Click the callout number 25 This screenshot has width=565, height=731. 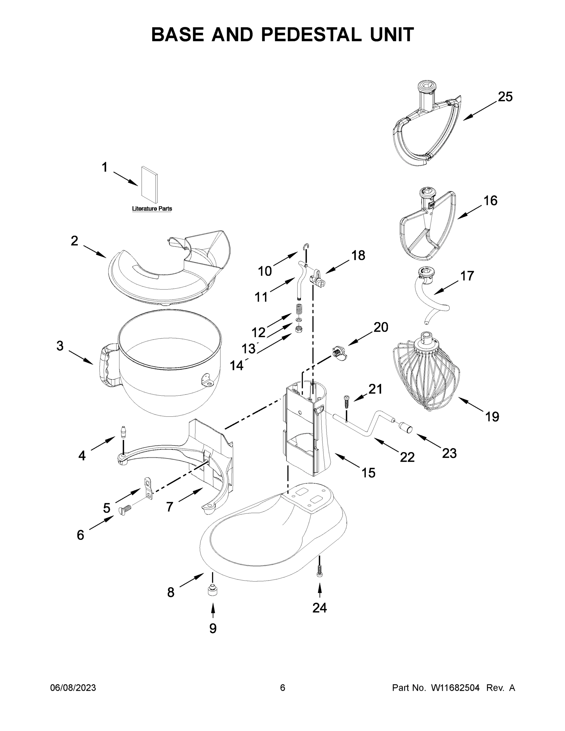pyautogui.click(x=505, y=97)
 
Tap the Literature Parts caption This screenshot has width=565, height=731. pyautogui.click(x=152, y=209)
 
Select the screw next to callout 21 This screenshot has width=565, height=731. pyautogui.click(x=346, y=401)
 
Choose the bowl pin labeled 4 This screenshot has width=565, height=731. pyautogui.click(x=124, y=431)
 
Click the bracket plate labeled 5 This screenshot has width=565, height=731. pyautogui.click(x=148, y=488)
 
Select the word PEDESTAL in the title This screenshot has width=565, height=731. pyautogui.click(x=311, y=34)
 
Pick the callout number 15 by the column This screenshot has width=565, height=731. pyautogui.click(x=368, y=473)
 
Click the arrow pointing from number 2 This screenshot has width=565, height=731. pyautogui.click(x=95, y=251)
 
